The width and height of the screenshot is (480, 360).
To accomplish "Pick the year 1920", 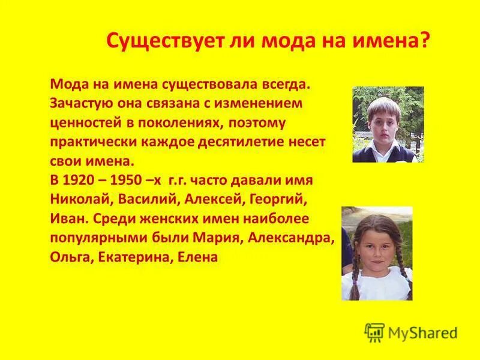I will coord(81,181).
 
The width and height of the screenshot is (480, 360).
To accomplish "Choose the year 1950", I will coord(123,181).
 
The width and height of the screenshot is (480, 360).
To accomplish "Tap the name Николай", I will coord(77,200).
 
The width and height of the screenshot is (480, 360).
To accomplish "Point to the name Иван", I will coord(66,219).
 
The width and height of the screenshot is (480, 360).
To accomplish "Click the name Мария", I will coord(217,238).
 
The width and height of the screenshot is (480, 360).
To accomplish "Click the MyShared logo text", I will coord(423,332).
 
